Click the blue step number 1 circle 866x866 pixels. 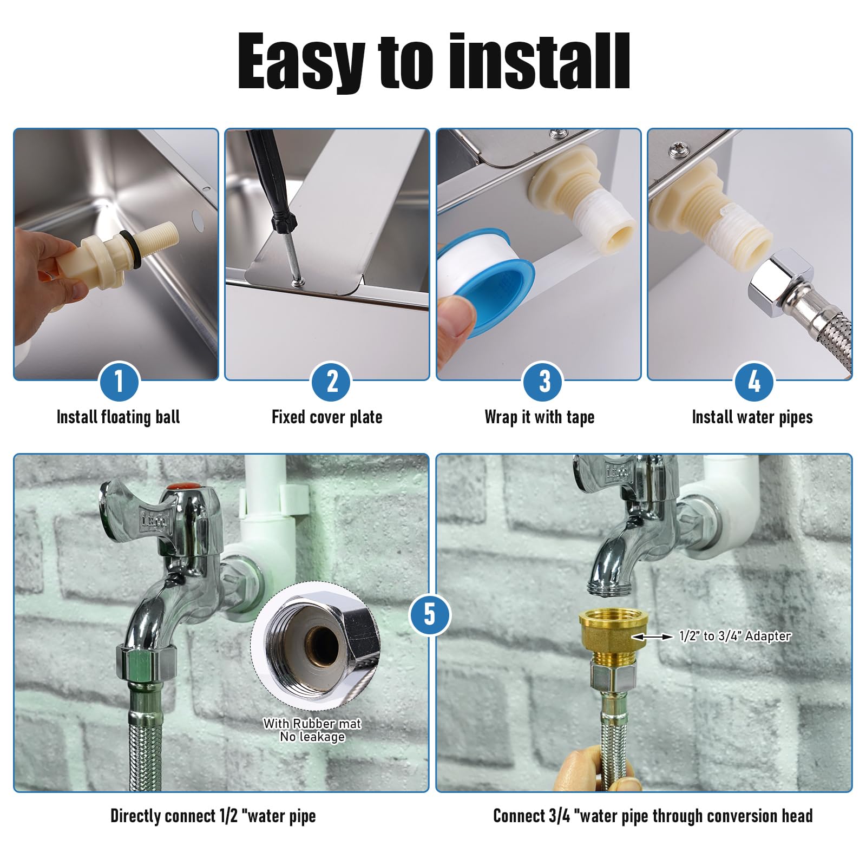(x=119, y=382)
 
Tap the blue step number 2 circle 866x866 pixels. (x=332, y=382)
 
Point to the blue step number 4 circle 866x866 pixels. (x=753, y=382)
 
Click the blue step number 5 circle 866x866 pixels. (x=429, y=615)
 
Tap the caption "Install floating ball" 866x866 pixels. (x=119, y=417)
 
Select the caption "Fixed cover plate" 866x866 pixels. (x=327, y=417)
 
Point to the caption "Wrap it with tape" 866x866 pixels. (x=540, y=417)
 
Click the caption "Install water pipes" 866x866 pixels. (x=752, y=417)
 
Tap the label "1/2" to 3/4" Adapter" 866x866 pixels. (x=735, y=636)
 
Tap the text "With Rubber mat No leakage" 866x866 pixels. (x=312, y=730)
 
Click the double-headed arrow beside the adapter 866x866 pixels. (x=652, y=637)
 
